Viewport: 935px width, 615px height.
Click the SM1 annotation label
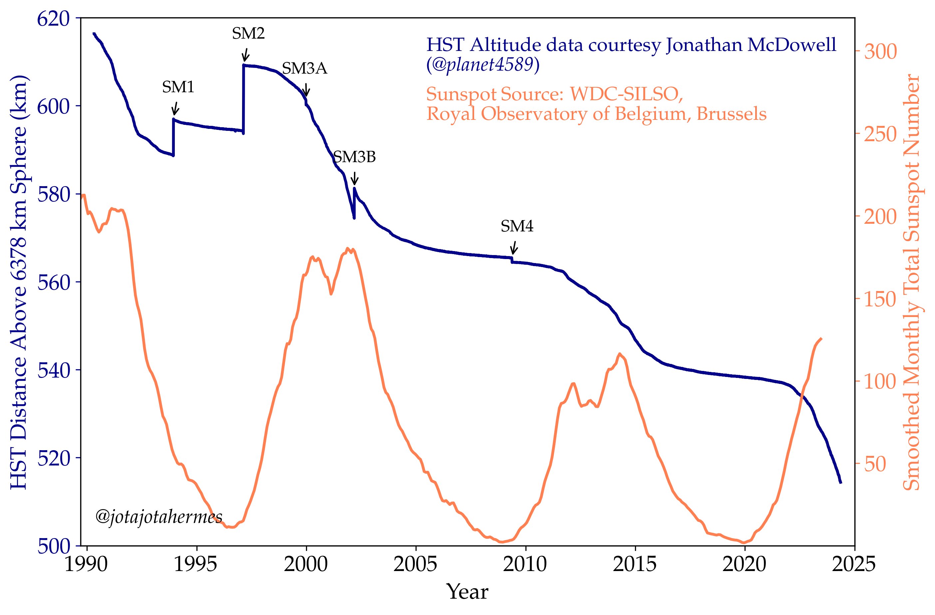tap(178, 87)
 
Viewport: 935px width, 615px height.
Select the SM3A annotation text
tap(304, 69)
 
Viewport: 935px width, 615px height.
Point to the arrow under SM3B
tap(354, 178)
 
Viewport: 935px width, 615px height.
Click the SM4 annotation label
tap(517, 226)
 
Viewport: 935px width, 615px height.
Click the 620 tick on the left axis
tap(53, 18)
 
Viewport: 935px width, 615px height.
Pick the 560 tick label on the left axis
tap(53, 282)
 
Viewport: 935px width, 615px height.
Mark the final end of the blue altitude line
tap(840, 482)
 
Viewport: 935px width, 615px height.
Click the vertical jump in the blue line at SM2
tap(243, 98)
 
